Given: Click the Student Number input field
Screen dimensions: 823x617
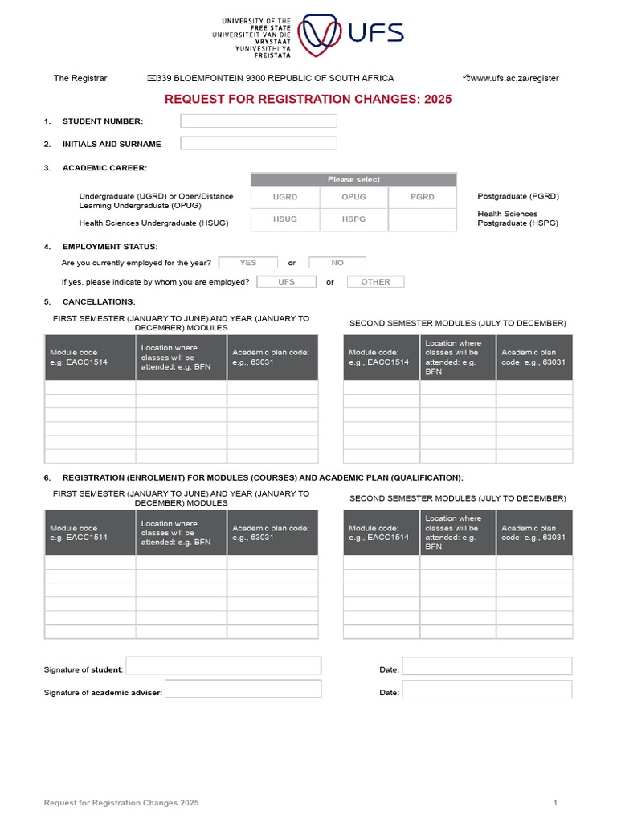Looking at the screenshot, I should tap(259, 121).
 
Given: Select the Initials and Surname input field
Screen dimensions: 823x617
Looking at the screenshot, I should tap(259, 144).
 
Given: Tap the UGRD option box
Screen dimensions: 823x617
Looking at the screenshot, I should tap(285, 197).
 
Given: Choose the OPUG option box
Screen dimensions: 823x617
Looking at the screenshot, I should tap(353, 197).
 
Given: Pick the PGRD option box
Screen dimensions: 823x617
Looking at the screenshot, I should tap(422, 197).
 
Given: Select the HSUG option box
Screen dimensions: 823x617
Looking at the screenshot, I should tap(285, 219).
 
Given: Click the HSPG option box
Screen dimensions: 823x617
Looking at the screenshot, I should tap(353, 219).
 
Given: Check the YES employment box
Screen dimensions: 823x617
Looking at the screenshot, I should tap(248, 263).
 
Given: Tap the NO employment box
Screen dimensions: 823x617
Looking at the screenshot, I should tap(337, 263).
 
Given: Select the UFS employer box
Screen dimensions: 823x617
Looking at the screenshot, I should tap(286, 282).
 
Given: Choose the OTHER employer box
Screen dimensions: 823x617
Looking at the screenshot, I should tap(375, 282).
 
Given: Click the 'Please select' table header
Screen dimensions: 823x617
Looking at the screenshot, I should tap(353, 179).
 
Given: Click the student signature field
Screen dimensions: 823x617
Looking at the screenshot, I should tap(223, 665).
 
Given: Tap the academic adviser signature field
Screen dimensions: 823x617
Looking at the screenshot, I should tap(243, 689).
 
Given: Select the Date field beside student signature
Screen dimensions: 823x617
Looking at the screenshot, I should tap(487, 666).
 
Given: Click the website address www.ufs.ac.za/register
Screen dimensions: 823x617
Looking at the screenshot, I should tap(514, 79).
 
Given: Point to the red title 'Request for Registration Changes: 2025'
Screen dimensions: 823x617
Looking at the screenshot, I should tap(308, 100).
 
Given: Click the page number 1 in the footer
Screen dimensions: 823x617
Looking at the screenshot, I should tap(555, 803).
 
